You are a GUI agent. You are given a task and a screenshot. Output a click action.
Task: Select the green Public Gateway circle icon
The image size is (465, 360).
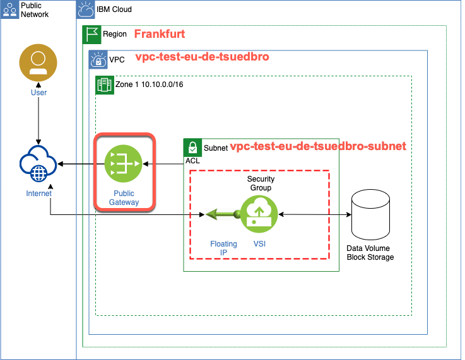click(124, 163)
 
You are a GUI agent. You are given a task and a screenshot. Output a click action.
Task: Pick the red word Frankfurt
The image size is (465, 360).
click(160, 34)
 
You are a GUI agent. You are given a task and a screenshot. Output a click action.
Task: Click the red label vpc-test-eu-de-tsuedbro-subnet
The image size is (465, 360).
click(318, 146)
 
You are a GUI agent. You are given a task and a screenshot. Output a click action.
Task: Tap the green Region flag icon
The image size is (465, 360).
click(92, 34)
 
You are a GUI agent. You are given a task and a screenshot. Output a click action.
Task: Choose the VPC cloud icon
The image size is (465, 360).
click(98, 59)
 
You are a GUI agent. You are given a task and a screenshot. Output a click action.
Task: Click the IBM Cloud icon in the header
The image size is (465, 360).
click(86, 9)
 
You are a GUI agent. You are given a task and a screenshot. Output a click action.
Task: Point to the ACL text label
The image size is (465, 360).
click(192, 161)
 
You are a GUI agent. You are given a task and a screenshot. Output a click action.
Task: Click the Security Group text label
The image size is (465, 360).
click(261, 183)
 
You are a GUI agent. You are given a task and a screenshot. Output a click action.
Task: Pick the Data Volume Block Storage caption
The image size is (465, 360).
click(370, 253)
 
